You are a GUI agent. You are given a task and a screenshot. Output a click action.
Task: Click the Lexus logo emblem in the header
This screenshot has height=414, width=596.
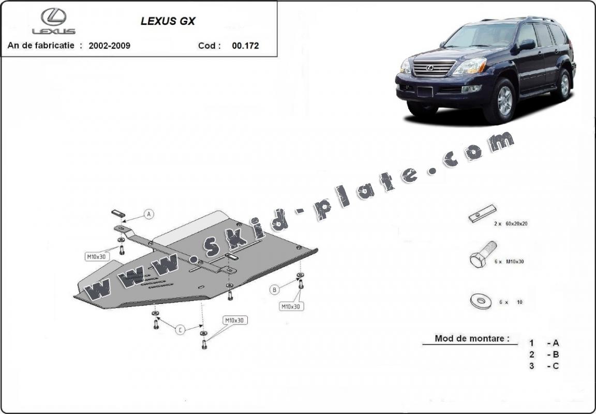tap(54, 17)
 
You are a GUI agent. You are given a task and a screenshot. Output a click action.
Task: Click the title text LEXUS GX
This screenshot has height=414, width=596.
tap(168, 21)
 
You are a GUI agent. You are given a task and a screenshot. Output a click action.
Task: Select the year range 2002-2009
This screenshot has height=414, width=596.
tap(110, 45)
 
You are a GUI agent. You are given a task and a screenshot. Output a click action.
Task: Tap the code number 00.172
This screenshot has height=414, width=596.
tap(246, 45)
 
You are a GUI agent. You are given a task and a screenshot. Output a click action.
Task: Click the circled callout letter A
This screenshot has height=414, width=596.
tap(149, 214)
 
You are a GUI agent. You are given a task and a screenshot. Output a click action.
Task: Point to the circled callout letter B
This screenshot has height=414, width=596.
tap(274, 290)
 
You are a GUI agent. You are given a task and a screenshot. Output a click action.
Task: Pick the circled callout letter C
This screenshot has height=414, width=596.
tap(180, 330)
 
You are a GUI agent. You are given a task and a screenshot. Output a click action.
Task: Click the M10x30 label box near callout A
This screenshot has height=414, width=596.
tap(97, 257)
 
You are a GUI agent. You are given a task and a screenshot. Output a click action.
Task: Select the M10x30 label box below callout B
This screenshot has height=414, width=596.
tap(292, 306)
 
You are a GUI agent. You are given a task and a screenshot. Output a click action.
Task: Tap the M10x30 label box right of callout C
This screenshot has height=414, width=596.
tap(235, 320)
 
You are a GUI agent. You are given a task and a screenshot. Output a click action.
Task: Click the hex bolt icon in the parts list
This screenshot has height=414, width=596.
tap(483, 254)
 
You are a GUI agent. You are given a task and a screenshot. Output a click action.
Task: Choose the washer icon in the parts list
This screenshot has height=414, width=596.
tap(481, 301)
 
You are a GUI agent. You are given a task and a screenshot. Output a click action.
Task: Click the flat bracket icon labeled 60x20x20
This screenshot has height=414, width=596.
tap(482, 213)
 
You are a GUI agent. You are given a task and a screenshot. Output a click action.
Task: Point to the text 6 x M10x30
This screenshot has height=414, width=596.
tap(509, 262)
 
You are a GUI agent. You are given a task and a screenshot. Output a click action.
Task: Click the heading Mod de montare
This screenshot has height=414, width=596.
tap(472, 338)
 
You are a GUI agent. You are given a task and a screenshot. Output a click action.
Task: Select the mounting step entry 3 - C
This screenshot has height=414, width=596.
tap(544, 366)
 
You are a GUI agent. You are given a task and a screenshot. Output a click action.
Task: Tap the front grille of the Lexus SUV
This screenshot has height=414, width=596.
tap(434, 68)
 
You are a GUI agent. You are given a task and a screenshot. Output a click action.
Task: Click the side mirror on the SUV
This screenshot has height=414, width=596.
tap(527, 44)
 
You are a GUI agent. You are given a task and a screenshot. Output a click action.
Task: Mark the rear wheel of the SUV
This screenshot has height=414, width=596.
tap(564, 85)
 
